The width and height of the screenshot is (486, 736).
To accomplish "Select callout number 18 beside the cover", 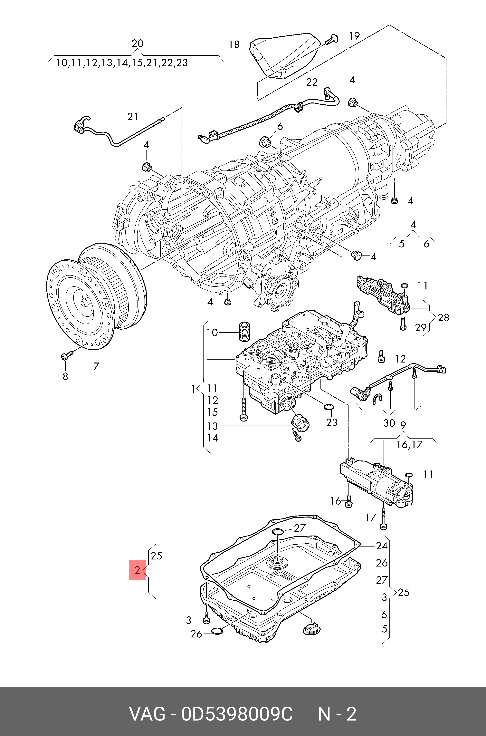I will click(234, 45).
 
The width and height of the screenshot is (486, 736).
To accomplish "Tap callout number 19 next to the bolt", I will click(353, 36).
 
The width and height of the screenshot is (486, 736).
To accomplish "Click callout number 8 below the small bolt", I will click(65, 376).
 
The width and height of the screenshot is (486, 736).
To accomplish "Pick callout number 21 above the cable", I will click(133, 117).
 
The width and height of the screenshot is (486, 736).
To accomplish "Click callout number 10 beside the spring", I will click(212, 333).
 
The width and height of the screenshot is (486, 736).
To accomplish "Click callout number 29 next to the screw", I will click(421, 327).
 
